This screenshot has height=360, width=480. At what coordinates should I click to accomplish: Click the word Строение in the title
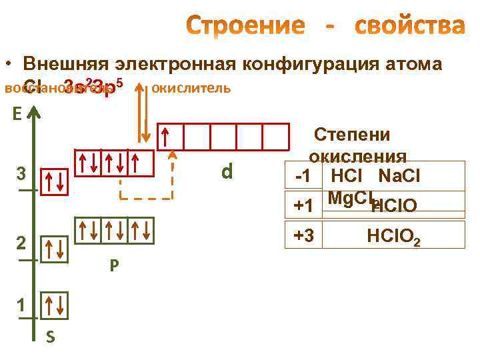coord(245,26)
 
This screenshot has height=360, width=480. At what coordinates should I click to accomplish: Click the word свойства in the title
coord(409,26)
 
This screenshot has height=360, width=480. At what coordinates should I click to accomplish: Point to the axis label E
coord(17,114)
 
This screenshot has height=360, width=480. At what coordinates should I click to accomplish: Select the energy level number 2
coord(21,243)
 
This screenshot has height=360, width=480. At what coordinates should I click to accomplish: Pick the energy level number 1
coord(21,305)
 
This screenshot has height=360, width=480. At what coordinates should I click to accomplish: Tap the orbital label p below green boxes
coord(115,265)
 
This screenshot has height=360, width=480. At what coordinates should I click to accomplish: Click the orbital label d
coord(227,172)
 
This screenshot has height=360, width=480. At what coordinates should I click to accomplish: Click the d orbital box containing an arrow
coord(170,136)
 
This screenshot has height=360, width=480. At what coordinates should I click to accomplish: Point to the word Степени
coord(352,134)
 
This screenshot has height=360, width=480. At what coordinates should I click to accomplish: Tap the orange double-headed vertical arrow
coord(141,113)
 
